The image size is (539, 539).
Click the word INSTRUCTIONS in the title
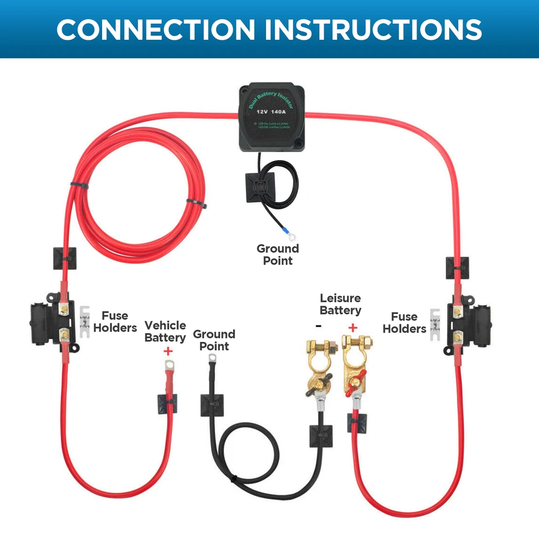373,29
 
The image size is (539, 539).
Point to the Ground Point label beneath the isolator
277,254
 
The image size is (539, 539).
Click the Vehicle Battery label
165,331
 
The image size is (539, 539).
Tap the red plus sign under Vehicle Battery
167,351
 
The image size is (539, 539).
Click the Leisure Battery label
340,304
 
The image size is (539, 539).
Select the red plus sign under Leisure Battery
353,327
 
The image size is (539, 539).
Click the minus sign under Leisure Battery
318,326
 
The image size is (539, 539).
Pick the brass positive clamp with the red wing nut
355,365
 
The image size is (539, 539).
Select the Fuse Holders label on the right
404,323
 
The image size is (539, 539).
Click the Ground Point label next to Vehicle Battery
214,340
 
